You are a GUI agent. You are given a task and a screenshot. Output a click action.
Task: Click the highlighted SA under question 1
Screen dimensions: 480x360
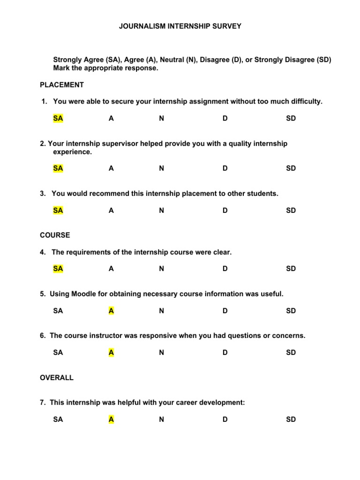58,119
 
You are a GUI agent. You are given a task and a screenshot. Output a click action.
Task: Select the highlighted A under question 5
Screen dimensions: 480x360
111,311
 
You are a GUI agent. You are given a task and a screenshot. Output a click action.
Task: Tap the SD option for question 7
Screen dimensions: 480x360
291,420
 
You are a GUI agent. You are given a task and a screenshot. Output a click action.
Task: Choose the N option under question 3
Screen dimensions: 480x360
161,210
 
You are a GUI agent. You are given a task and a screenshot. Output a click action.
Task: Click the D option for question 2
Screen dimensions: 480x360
225,168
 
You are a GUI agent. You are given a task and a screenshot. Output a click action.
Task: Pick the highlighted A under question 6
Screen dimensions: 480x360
111,352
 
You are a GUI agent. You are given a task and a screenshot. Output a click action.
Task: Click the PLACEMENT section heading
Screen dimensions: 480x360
62,85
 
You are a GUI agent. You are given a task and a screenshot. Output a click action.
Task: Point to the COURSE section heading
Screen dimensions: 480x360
55,235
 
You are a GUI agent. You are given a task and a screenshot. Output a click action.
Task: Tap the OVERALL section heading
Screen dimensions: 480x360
57,378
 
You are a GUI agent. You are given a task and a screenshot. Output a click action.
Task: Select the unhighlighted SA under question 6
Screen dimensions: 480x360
58,352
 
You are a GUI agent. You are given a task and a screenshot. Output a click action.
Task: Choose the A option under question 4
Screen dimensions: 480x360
111,269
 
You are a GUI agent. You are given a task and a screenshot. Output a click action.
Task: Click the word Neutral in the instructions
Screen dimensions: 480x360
171,60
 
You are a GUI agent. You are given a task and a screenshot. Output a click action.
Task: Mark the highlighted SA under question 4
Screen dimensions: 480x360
58,269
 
